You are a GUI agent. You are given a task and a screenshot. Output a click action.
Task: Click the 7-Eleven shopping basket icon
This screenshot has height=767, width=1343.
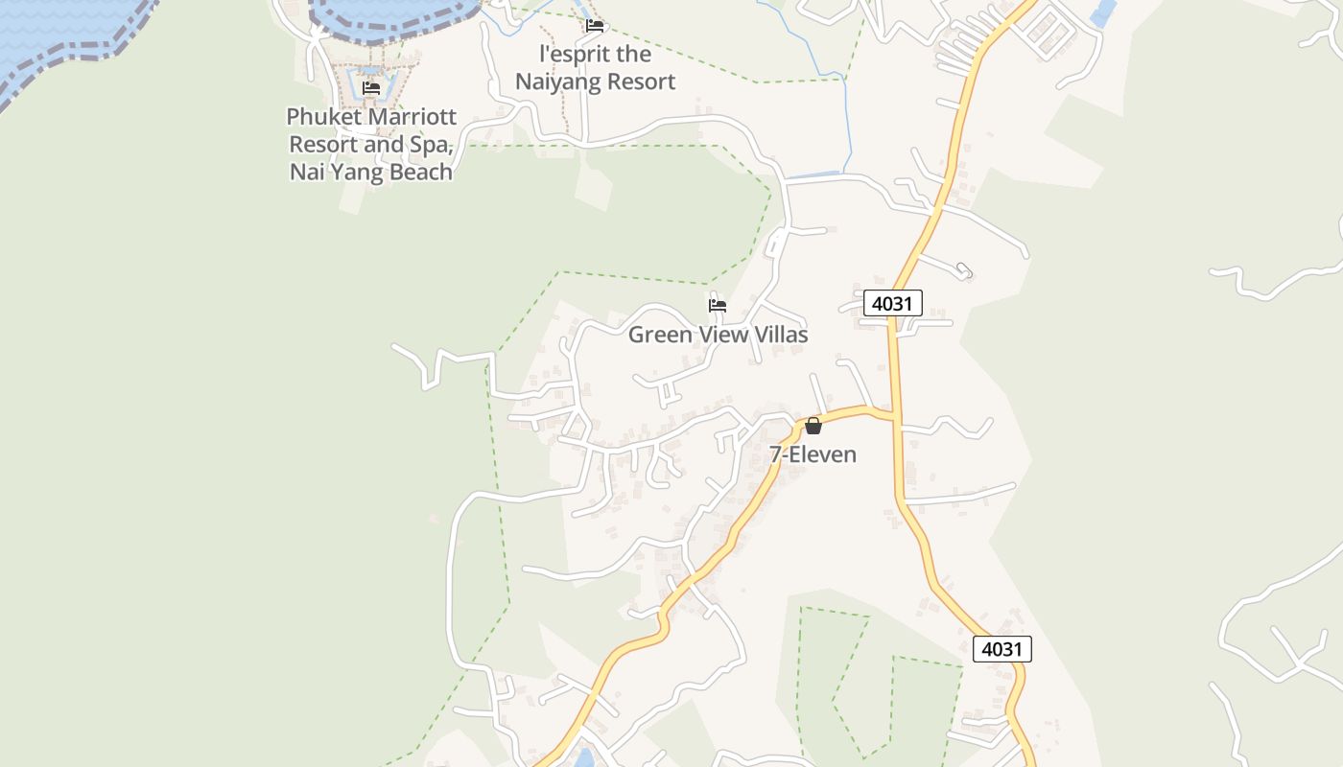(813, 426)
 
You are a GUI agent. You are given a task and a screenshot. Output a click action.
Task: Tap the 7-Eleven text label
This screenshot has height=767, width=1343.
(813, 454)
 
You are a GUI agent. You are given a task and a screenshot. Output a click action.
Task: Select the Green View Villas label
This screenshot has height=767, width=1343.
(718, 335)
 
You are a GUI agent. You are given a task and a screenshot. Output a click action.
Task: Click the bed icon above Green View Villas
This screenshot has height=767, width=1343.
(718, 306)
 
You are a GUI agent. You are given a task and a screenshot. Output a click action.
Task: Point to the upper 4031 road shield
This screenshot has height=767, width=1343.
(892, 303)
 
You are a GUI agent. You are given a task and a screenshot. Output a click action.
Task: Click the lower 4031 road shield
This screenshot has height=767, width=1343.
(1001, 649)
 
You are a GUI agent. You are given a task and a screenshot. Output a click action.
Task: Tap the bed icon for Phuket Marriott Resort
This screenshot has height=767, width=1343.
(371, 88)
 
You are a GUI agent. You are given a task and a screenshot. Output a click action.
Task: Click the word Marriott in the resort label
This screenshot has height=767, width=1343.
(406, 117)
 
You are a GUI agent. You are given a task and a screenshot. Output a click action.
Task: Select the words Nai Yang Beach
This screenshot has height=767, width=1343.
(371, 173)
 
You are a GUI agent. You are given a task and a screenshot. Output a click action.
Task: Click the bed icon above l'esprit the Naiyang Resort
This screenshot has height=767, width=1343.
(595, 26)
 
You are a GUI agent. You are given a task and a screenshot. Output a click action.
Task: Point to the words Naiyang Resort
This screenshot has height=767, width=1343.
(595, 81)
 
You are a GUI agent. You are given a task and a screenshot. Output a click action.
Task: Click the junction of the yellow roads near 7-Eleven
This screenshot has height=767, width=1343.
(894, 416)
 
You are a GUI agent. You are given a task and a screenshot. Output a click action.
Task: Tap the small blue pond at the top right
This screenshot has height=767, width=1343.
(1104, 12)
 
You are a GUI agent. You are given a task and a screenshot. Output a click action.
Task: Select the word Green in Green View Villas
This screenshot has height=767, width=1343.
(659, 335)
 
